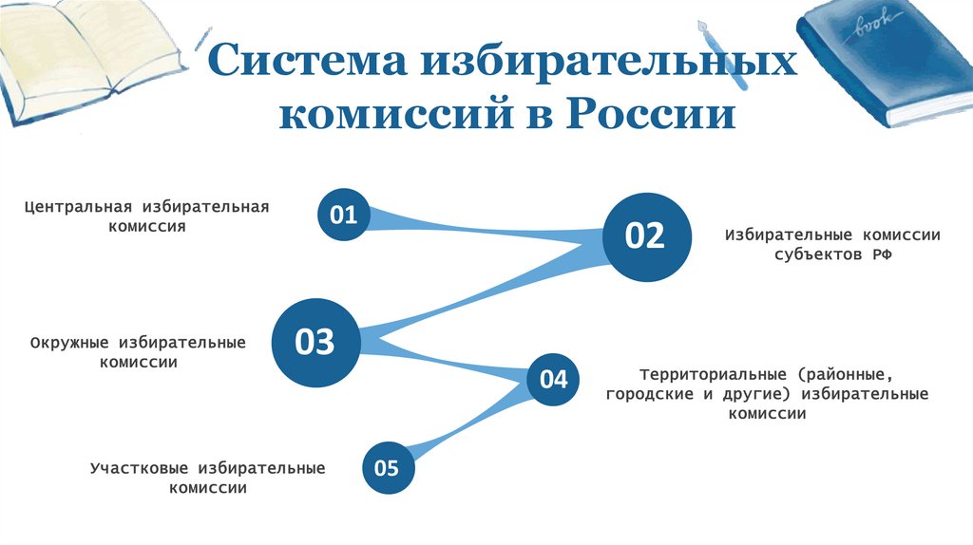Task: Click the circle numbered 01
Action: pyautogui.click(x=343, y=216)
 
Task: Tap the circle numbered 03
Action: pyautogui.click(x=315, y=342)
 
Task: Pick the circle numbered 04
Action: pyautogui.click(x=553, y=380)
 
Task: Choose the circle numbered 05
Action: pyautogui.click(x=388, y=468)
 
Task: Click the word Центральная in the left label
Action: pyautogui.click(x=79, y=207)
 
